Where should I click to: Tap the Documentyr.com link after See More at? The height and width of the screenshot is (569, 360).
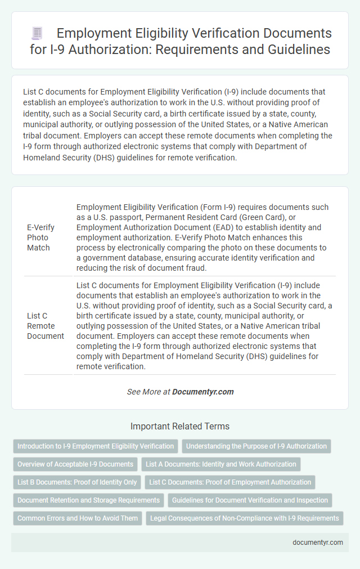(202, 391)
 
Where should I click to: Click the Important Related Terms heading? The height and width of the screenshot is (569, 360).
(179, 426)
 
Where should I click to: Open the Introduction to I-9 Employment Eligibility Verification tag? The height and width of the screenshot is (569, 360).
(96, 446)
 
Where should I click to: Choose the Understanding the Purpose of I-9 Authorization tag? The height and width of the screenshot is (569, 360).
(256, 446)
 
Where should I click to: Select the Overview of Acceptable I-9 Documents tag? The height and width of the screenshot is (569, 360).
(75, 464)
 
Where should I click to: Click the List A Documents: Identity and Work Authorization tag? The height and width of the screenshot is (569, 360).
(220, 464)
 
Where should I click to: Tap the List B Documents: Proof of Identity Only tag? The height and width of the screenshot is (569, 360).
(77, 482)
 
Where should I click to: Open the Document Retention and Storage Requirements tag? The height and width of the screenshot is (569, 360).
(88, 500)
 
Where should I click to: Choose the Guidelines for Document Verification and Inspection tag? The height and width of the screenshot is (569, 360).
(249, 500)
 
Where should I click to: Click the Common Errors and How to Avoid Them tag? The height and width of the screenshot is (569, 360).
(78, 518)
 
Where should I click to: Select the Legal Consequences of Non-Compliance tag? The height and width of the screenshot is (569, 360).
(245, 518)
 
